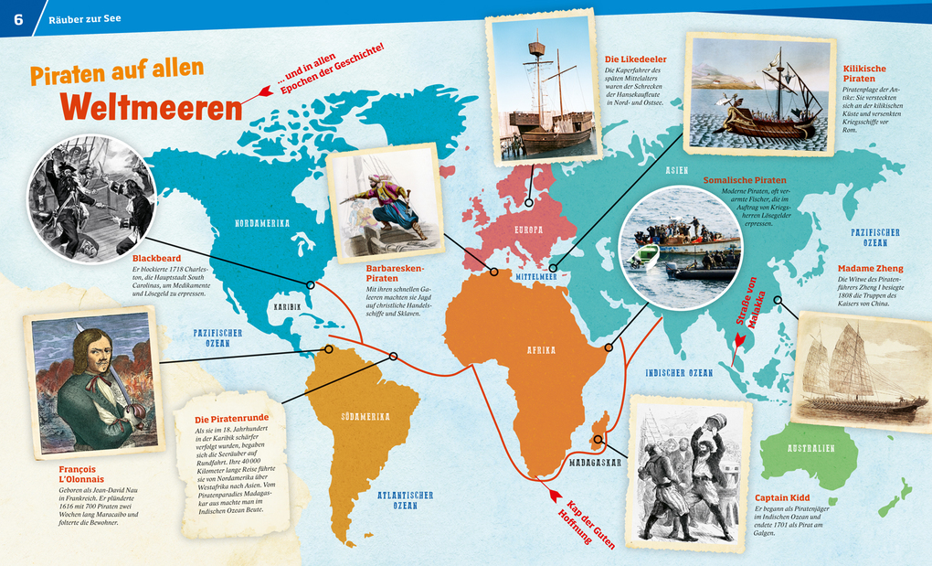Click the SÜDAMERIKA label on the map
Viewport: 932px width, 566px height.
click(x=365, y=415)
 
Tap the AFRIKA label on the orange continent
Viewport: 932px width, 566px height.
click(x=540, y=350)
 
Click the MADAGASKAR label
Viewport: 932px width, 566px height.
click(x=593, y=463)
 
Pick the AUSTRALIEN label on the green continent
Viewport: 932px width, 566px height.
click(x=810, y=449)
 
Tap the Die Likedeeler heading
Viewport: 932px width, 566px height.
click(x=635, y=59)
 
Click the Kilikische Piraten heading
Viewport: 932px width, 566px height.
click(x=865, y=73)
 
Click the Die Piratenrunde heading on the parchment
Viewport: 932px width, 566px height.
click(x=233, y=419)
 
